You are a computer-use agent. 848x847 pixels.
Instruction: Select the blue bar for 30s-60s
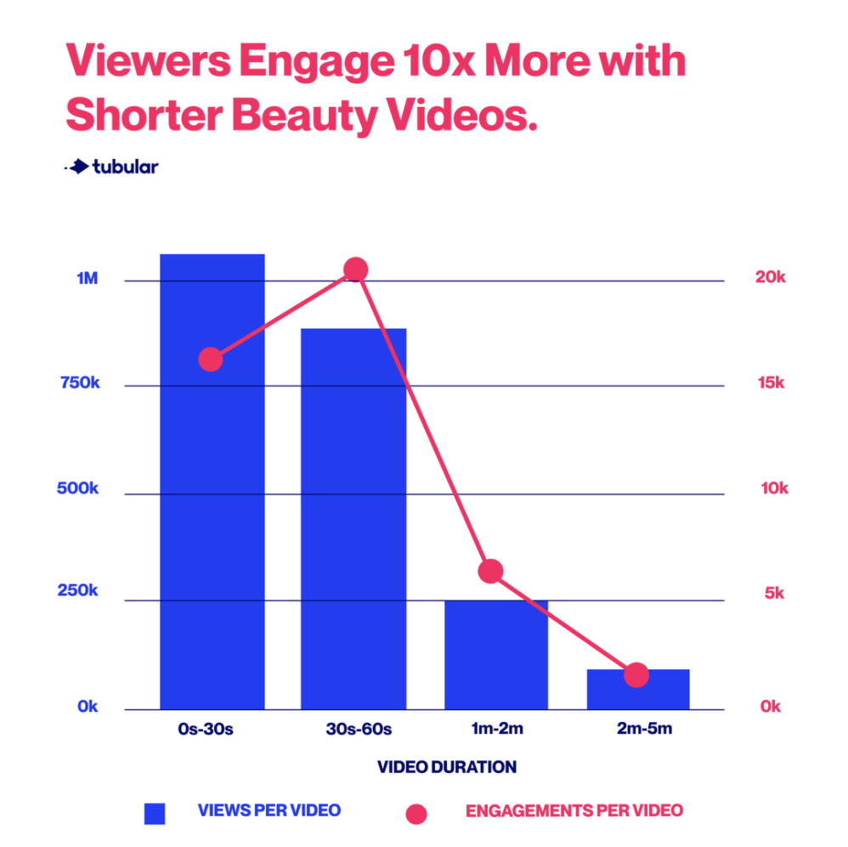point(353,519)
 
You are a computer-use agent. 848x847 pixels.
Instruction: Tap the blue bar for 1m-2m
point(496,654)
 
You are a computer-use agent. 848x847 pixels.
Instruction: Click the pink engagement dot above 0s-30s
point(211,360)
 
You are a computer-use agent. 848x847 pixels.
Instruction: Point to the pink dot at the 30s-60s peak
point(355,270)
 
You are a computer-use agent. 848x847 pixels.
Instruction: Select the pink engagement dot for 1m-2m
point(491,571)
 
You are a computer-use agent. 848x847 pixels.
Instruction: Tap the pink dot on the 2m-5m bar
point(636,675)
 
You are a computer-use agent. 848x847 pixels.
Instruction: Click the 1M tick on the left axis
point(88,280)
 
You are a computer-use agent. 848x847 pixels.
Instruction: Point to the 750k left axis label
point(82,384)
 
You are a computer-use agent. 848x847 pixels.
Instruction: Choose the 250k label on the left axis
point(82,592)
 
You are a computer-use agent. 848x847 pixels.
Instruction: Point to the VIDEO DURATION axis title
point(447,767)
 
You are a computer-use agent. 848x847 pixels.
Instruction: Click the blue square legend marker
point(155,814)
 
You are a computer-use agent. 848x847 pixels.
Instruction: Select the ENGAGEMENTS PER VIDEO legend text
point(574,810)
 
